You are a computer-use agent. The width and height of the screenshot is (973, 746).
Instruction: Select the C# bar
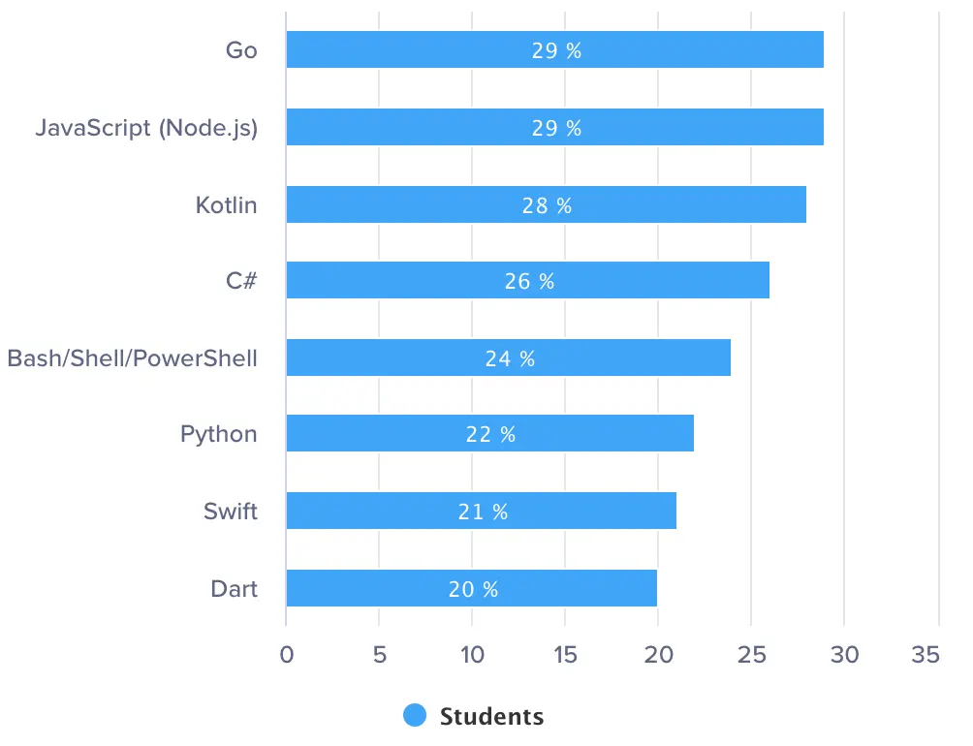pyautogui.click(x=659, y=281)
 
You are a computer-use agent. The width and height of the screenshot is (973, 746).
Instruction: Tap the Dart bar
pyautogui.click(x=581, y=588)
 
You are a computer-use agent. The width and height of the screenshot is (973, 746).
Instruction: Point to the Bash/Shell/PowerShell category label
pyautogui.click(x=133, y=358)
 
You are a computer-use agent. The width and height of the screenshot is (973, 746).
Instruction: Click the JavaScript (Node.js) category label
pyautogui.click(x=146, y=128)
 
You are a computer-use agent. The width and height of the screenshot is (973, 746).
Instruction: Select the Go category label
pyautogui.click(x=241, y=50)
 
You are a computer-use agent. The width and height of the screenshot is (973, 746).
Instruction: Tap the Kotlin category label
pyautogui.click(x=226, y=205)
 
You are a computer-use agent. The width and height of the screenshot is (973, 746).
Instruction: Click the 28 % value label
pyautogui.click(x=547, y=205)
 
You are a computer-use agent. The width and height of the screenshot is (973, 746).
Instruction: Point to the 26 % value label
pyautogui.click(x=529, y=282)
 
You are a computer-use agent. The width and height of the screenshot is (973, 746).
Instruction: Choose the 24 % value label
pyautogui.click(x=510, y=358)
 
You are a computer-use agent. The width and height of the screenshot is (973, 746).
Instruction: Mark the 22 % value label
pyautogui.click(x=490, y=435)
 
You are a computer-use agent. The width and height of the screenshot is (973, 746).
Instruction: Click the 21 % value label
pyautogui.click(x=483, y=512)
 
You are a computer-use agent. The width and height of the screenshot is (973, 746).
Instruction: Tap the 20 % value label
pyautogui.click(x=473, y=589)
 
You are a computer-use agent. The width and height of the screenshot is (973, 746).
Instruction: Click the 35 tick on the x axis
pyautogui.click(x=926, y=656)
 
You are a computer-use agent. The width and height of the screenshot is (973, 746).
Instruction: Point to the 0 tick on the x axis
pyautogui.click(x=286, y=656)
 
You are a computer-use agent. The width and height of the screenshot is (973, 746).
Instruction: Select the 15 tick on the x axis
pyautogui.click(x=565, y=656)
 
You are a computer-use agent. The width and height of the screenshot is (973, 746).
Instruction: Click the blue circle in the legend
pyautogui.click(x=415, y=716)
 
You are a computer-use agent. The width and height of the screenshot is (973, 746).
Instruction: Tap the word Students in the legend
pyautogui.click(x=491, y=717)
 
